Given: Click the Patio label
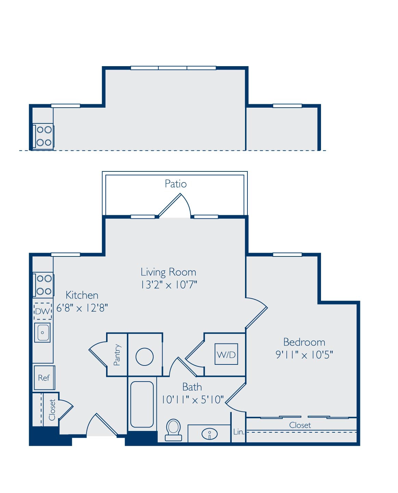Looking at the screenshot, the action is coord(176,184).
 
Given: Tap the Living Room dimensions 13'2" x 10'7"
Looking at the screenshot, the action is coord(169,285).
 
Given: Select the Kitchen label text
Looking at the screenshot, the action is coord(82,295).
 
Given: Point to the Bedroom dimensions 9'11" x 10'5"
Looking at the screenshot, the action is coord(304,354).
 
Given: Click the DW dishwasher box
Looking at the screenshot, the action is coord(43,311).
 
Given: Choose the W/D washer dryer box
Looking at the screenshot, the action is coord(226,354).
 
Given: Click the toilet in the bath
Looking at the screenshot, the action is coord(173,430).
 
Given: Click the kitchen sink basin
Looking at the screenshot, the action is coord(42,333).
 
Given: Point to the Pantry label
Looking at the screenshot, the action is coord(117,354).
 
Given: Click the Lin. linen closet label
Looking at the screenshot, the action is coord(239,432).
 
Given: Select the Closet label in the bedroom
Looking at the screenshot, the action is coord(300,425).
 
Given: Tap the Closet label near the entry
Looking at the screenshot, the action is coord(52,410).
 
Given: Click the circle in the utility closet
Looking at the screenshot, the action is coord(144,357).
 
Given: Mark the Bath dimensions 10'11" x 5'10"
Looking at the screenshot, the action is coord(192,400).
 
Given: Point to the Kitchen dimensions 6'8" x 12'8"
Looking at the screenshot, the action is coord(82,308).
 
